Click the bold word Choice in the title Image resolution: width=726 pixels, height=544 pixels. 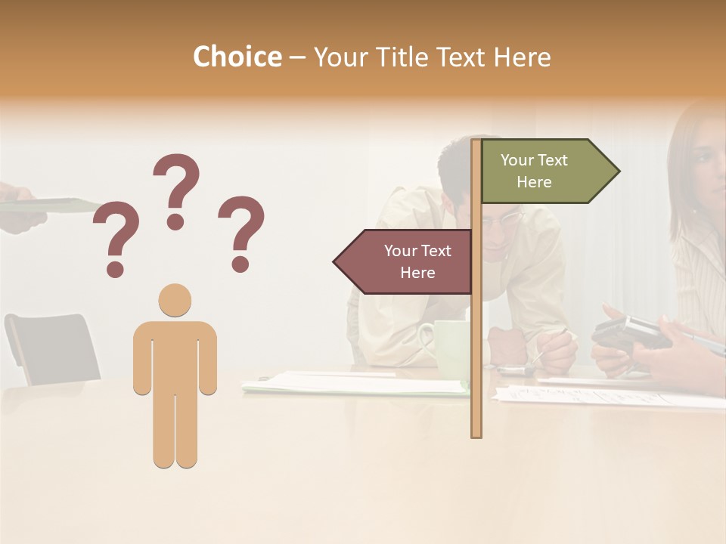click(x=237, y=57)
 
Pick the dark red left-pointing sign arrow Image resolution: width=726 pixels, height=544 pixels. click(x=405, y=261)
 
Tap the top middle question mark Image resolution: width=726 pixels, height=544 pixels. click(x=176, y=191)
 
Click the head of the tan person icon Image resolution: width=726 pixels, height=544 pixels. click(x=175, y=300)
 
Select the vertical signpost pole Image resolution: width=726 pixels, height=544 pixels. click(x=476, y=340)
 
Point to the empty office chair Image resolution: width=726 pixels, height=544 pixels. click(x=53, y=348)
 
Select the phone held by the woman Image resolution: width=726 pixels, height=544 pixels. click(x=631, y=332)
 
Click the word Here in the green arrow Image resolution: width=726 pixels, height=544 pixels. click(x=534, y=182)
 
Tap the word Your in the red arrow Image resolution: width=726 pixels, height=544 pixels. click(x=401, y=251)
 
